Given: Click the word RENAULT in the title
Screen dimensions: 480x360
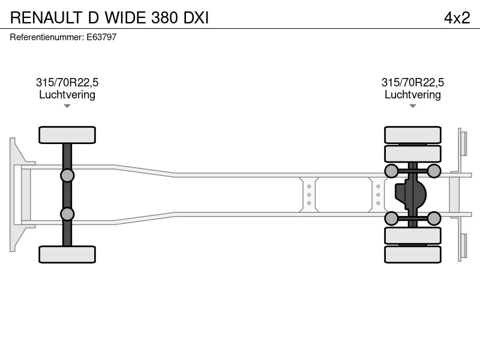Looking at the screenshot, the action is tap(47, 18).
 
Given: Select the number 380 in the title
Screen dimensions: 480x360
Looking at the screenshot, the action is tap(164, 18).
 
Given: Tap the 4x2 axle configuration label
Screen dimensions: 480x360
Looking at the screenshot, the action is tap(457, 18).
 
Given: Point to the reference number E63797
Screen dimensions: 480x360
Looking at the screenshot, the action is tap(101, 37).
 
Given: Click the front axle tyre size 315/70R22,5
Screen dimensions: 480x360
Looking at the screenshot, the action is tap(67, 82).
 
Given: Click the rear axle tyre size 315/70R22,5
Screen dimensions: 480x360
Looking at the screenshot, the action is tap(413, 82).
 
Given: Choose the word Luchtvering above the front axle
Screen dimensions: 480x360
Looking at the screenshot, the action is tap(67, 95).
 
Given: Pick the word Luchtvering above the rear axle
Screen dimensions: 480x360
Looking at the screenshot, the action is tap(413, 95).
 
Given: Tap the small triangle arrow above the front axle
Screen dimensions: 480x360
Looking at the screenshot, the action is tap(67, 106).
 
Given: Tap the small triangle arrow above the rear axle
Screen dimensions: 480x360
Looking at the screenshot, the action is tap(413, 106).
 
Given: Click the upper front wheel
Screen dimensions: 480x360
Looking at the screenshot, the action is tap(67, 134).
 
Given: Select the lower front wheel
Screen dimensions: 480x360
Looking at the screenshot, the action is tap(67, 254).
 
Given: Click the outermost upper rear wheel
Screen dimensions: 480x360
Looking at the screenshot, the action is tap(413, 134).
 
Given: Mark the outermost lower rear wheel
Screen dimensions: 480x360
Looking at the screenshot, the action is tap(413, 254).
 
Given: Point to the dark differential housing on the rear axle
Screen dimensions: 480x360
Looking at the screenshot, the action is tap(410, 194).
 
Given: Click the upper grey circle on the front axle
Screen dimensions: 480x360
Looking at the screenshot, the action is tap(67, 176).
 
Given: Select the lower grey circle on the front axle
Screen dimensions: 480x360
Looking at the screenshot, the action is tap(67, 214).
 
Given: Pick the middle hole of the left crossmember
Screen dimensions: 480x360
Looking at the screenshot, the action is tap(309, 194).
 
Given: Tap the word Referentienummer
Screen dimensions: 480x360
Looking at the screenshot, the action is tap(47, 37).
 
